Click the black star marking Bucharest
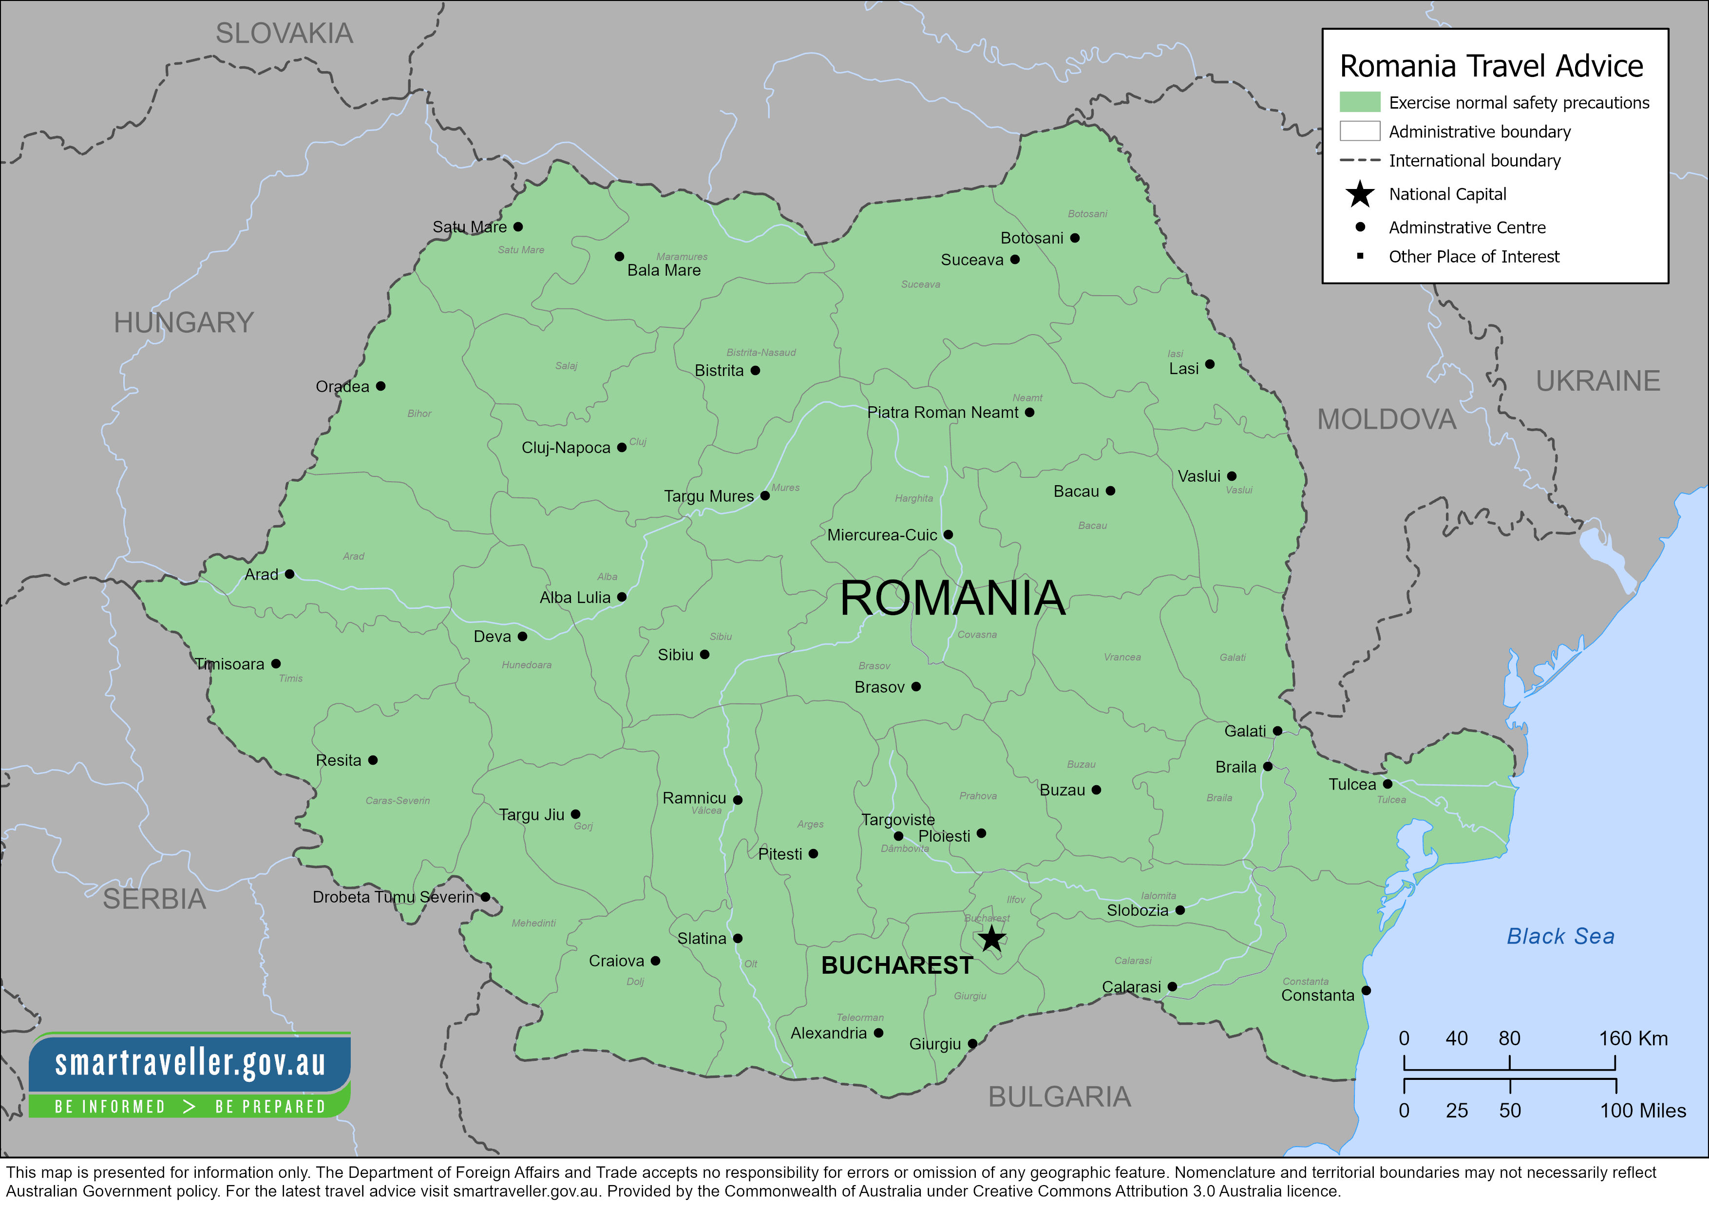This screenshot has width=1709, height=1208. click(x=991, y=939)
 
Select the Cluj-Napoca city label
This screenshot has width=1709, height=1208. click(x=566, y=447)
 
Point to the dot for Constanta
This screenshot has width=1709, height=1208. click(x=1366, y=990)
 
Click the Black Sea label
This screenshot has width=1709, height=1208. click(x=1560, y=936)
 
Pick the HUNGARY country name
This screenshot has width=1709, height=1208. click(x=184, y=322)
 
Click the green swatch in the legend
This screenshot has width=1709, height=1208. click(x=1359, y=102)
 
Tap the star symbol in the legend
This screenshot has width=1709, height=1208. click(x=1359, y=194)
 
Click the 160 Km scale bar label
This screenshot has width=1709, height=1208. click(x=1633, y=1038)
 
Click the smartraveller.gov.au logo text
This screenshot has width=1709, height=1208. click(x=190, y=1062)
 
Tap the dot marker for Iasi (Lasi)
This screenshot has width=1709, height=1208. click(x=1210, y=364)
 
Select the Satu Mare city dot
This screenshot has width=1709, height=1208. click(x=518, y=226)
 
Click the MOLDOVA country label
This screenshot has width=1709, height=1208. click(x=1386, y=419)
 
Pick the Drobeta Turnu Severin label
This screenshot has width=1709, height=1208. click(x=393, y=897)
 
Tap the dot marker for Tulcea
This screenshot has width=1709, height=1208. click(x=1387, y=784)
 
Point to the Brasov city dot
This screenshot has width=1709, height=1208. click(x=916, y=686)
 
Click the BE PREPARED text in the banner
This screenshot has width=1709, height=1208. click(x=270, y=1107)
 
